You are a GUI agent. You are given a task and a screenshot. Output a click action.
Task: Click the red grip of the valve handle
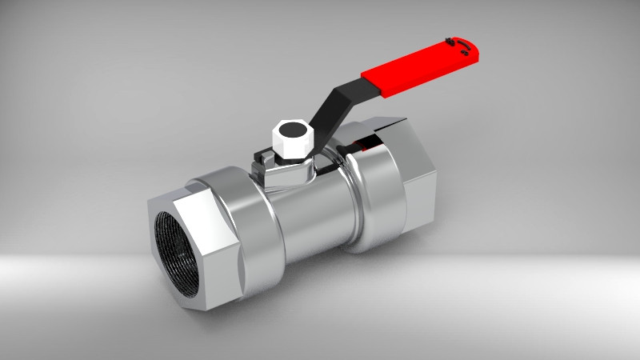point(420,68)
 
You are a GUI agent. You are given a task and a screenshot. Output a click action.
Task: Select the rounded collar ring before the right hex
point(372,200)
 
